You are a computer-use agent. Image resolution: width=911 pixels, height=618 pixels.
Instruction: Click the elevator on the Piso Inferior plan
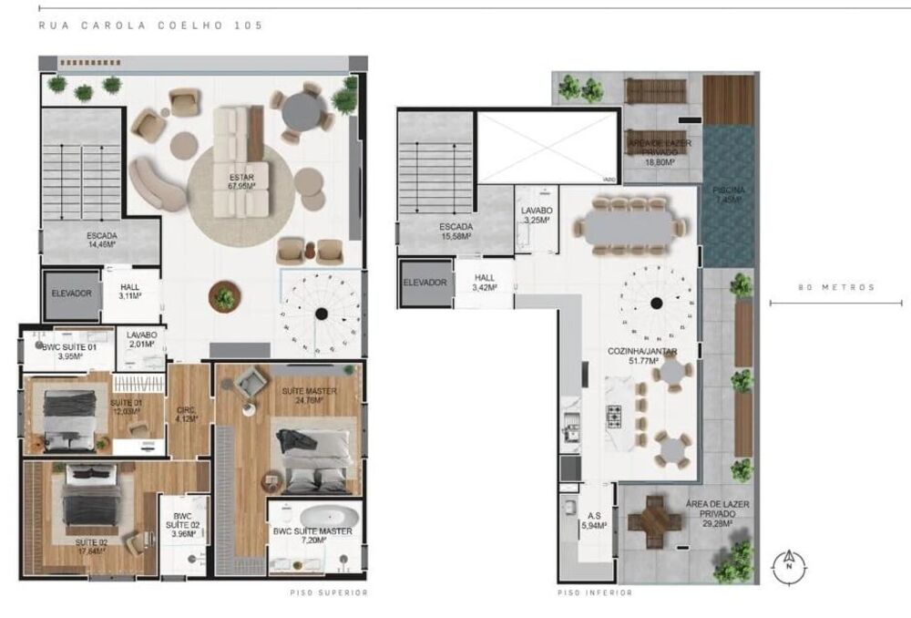click(425, 283)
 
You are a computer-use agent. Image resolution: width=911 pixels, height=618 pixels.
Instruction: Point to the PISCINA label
click(729, 194)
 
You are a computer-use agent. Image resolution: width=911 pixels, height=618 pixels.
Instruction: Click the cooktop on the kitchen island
click(614, 417)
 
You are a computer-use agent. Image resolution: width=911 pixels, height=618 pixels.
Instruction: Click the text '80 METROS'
click(836, 287)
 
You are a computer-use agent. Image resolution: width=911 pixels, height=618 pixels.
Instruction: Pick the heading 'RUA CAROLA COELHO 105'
click(150, 26)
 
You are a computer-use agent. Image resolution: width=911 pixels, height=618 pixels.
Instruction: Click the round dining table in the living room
click(306, 114)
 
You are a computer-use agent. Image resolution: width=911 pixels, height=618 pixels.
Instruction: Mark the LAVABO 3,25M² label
click(537, 215)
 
